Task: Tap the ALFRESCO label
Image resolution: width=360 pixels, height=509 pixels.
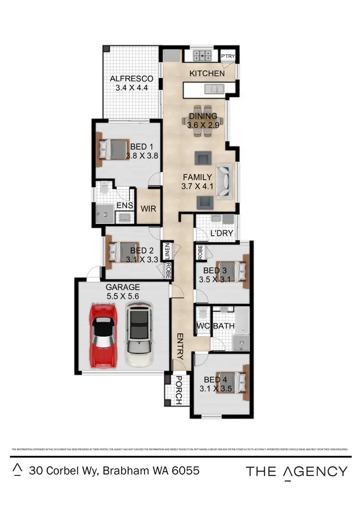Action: [132, 79]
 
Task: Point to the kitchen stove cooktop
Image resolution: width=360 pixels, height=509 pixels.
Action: [203, 56]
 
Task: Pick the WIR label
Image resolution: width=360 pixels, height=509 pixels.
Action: [148, 209]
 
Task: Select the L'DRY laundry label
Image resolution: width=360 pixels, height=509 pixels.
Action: [221, 234]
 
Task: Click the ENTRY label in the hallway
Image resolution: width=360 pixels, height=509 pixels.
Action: [180, 346]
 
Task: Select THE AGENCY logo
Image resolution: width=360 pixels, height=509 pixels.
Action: [296, 471]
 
